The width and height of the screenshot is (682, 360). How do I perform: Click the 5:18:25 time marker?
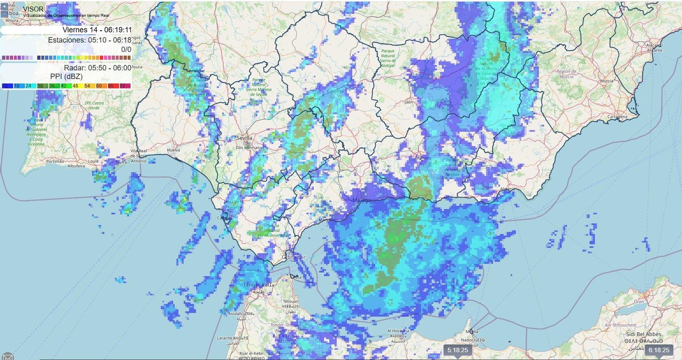[458, 350]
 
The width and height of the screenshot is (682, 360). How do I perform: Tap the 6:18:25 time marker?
[659, 350]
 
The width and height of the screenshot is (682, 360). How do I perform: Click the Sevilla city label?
[244, 138]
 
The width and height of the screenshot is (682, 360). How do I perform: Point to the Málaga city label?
[361, 200]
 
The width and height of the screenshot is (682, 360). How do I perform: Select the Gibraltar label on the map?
[294, 257]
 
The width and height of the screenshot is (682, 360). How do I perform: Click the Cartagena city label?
[617, 117]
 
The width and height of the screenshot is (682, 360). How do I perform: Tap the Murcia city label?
[607, 81]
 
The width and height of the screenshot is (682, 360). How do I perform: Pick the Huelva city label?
[173, 150]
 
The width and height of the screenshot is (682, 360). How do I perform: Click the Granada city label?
[423, 158]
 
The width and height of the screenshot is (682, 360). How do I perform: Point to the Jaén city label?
[409, 102]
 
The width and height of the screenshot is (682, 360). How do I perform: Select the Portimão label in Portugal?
[55, 161]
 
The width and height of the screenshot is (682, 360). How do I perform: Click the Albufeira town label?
[76, 166]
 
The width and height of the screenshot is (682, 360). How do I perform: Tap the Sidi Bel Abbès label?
[643, 334]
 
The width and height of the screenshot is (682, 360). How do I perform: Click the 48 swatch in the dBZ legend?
[75, 86]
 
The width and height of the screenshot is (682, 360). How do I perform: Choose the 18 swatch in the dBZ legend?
[17, 86]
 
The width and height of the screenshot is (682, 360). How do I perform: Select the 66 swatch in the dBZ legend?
[111, 86]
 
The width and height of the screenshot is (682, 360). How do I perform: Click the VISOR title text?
[33, 9]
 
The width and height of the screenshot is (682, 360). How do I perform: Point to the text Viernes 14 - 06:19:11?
[97, 30]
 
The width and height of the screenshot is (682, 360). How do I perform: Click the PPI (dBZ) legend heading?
[66, 77]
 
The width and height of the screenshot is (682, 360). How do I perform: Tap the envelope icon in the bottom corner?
[7, 357]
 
